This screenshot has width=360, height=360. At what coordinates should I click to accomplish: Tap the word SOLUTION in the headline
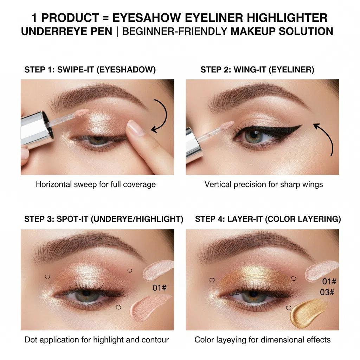306,31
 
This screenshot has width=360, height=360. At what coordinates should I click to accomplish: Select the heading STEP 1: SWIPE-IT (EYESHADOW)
90,70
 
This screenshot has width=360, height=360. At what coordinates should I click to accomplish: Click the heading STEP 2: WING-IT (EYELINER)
257,70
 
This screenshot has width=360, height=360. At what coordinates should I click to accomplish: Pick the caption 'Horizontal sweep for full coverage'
96,184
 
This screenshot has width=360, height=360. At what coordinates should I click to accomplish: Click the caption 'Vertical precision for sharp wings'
264,184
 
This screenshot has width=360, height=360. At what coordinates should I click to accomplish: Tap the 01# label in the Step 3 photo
159,288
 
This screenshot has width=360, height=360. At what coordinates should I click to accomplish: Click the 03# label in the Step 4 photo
327,292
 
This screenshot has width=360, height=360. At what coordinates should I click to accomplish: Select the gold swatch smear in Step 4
307,311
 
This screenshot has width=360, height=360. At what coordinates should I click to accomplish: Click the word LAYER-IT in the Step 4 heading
243,219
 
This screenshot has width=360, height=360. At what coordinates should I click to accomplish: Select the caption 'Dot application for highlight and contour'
97,340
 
